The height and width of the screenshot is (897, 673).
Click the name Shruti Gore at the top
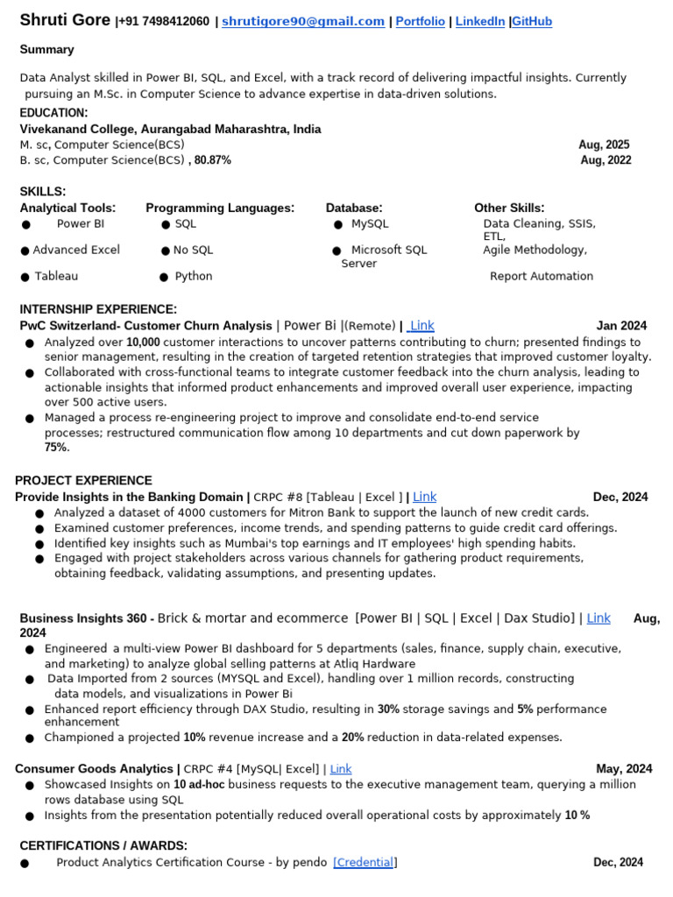pyautogui.click(x=65, y=20)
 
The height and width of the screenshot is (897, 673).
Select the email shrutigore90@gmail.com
pyautogui.click(x=303, y=22)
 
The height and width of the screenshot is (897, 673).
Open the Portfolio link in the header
pyautogui.click(x=420, y=22)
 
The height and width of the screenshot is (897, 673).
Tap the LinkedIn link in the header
pyautogui.click(x=479, y=22)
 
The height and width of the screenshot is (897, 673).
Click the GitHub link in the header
pyautogui.click(x=532, y=22)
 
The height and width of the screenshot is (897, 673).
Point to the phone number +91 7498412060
pyautogui.click(x=164, y=22)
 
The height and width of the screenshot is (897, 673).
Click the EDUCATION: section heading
pyautogui.click(x=53, y=113)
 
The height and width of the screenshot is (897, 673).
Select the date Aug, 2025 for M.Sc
pyautogui.click(x=604, y=145)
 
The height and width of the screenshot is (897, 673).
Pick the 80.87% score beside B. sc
pyautogui.click(x=213, y=160)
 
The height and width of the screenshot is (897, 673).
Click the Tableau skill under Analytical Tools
pyautogui.click(x=56, y=276)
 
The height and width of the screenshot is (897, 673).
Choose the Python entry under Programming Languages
pyautogui.click(x=194, y=276)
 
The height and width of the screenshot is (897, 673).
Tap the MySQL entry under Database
pyautogui.click(x=369, y=224)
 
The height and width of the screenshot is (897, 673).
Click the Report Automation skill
pyautogui.click(x=541, y=276)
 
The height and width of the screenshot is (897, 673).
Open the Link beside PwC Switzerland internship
pyautogui.click(x=422, y=326)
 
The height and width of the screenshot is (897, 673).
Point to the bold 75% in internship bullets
pyautogui.click(x=56, y=448)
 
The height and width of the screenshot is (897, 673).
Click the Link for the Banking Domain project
pyautogui.click(x=424, y=497)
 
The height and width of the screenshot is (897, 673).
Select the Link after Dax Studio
pyautogui.click(x=599, y=618)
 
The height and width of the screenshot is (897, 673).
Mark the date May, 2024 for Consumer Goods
pyautogui.click(x=624, y=769)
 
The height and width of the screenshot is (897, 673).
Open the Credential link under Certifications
pyautogui.click(x=365, y=863)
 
